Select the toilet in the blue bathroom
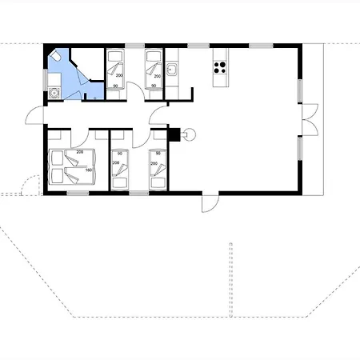[57, 58]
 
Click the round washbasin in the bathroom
[53, 92]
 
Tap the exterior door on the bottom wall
[206, 203]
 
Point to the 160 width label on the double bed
[87, 169]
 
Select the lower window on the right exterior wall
[302, 147]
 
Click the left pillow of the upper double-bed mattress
[57, 156]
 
